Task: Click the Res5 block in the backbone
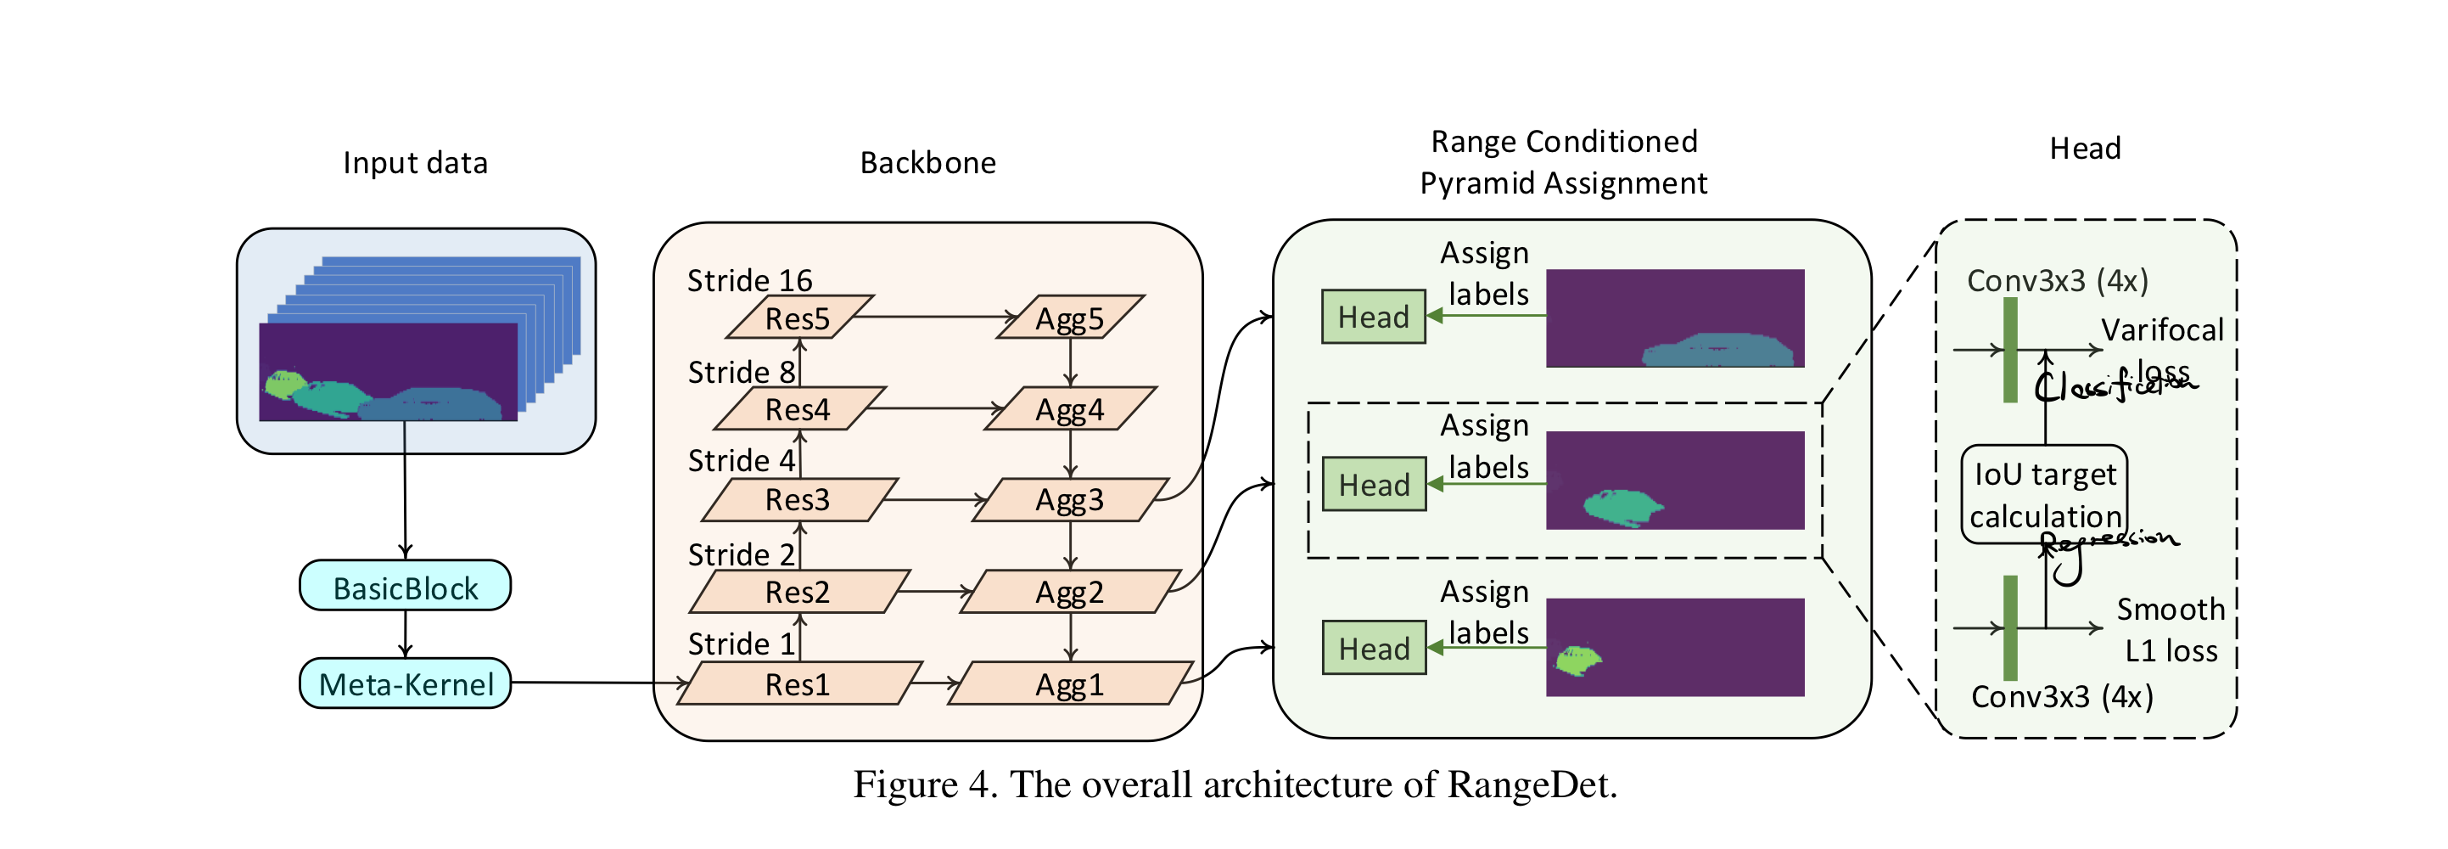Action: [x=798, y=318]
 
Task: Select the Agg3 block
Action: [x=1070, y=500]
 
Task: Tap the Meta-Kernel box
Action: [x=406, y=683]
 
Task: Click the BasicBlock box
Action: [x=406, y=587]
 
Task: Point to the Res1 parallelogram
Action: [x=798, y=683]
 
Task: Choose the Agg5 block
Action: [x=1070, y=318]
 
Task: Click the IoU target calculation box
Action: [x=2045, y=494]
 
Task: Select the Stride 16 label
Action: [x=750, y=280]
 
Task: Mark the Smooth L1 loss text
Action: [x=2171, y=629]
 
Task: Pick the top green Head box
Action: [x=1373, y=317]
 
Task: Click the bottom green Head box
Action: [x=1374, y=649]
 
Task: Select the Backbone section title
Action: [x=927, y=162]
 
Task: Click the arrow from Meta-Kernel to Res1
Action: [x=599, y=682]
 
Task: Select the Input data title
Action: [x=415, y=162]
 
